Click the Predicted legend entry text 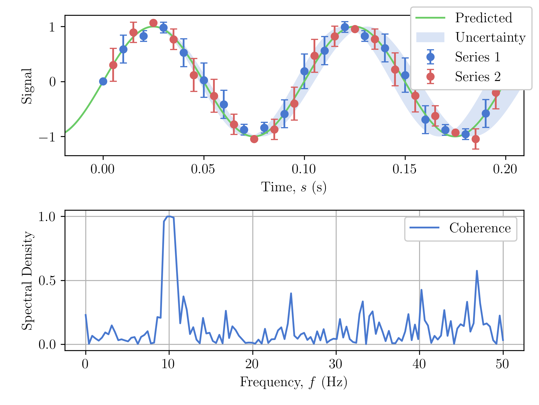click(483, 18)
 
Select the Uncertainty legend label click(490, 37)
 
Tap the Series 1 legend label click(478, 57)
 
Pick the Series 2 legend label click(478, 76)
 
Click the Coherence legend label click(480, 228)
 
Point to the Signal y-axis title click(27, 86)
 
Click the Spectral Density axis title click(28, 280)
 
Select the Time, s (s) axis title click(294, 187)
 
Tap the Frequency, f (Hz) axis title click(294, 382)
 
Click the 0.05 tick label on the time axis click(203, 169)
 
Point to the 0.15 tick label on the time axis click(405, 169)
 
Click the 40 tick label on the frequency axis click(419, 364)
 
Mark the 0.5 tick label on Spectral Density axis click(47, 281)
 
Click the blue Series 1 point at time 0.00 click(103, 82)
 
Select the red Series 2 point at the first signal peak click(153, 23)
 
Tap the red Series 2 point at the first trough click(254, 139)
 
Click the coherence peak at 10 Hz click(169, 216)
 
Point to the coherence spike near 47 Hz click(477, 271)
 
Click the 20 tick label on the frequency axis click(252, 364)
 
